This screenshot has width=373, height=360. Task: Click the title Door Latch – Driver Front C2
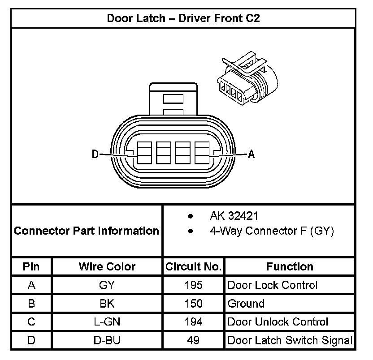[x=183, y=18]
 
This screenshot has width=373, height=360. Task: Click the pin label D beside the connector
[x=95, y=154]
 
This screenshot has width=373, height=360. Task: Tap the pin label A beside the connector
[x=251, y=154]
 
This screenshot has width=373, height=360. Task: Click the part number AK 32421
[x=234, y=217]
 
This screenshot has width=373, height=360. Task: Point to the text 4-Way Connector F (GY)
[x=272, y=231]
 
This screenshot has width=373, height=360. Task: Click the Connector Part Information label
[x=87, y=231]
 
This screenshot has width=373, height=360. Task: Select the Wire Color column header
[x=107, y=267]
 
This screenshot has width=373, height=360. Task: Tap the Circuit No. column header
[x=193, y=267]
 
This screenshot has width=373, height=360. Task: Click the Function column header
[x=290, y=267]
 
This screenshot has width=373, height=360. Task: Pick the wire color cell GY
[x=107, y=285]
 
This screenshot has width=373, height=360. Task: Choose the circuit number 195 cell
[x=193, y=285]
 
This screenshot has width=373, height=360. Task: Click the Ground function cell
[x=246, y=304]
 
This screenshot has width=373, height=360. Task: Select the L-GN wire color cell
[x=107, y=322]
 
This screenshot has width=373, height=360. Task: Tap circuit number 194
[x=193, y=322]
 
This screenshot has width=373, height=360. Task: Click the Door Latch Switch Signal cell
[x=290, y=340]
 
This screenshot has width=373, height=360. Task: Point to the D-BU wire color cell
[x=107, y=340]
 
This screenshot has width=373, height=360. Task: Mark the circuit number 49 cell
[x=193, y=340]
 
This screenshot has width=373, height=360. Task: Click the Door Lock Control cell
[x=273, y=285]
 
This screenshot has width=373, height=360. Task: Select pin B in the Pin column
[x=31, y=304]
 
